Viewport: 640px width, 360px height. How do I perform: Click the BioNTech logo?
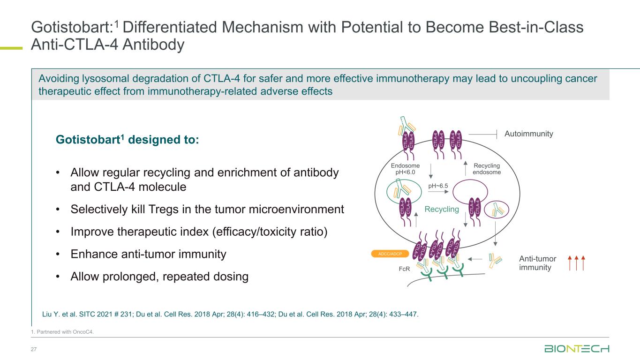click(577, 349)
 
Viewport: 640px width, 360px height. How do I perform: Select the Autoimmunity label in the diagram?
click(529, 134)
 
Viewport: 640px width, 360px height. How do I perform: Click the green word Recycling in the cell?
click(442, 209)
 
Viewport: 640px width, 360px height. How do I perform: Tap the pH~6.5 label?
click(438, 186)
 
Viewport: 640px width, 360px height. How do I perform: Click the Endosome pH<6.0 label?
click(406, 169)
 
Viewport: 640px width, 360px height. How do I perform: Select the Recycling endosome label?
click(487, 169)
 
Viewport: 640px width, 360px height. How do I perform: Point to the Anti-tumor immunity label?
click(538, 263)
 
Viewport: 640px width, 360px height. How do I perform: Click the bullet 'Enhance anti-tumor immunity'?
click(148, 255)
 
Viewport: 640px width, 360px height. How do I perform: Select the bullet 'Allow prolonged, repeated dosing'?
click(159, 277)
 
